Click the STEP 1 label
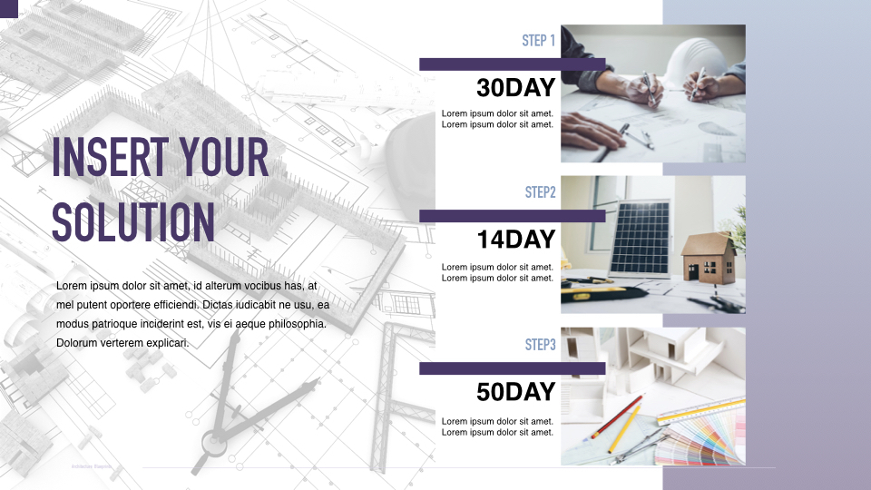point(538,41)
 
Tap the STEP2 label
point(540,192)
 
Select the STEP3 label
point(540,345)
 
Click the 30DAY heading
point(515,88)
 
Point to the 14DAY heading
point(515,240)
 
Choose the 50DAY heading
point(515,392)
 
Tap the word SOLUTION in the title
point(133,220)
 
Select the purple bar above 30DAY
point(512,64)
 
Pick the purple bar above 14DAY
point(512,216)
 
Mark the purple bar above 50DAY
point(512,368)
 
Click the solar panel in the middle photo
point(640,237)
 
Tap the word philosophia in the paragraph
point(296,324)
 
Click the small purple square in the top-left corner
point(9,7)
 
